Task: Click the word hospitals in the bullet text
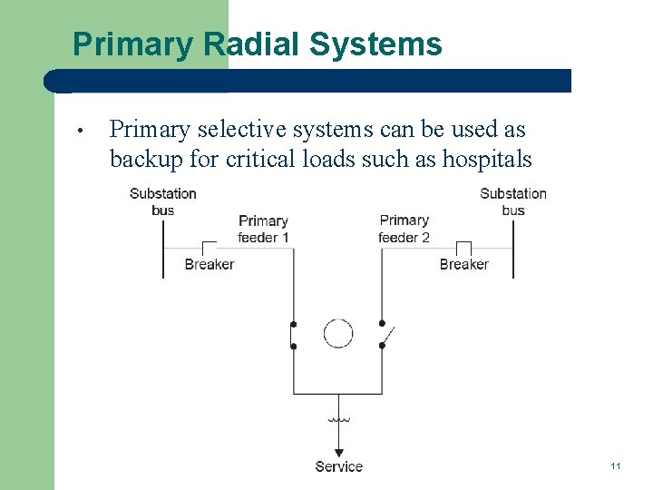[x=486, y=159]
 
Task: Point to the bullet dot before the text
[x=81, y=132]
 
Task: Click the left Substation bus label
[x=162, y=201]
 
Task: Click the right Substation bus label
[x=512, y=201]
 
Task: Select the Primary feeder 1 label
[x=263, y=229]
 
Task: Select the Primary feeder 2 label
[x=404, y=229]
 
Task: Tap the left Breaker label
[x=209, y=264]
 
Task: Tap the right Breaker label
[x=463, y=264]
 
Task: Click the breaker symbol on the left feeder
[x=209, y=248]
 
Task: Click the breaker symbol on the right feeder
[x=463, y=248]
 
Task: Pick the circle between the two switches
[x=338, y=334]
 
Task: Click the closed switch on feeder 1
[x=292, y=335]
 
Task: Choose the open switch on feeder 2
[x=384, y=335]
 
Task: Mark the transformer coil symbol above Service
[x=338, y=420]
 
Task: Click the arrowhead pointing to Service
[x=338, y=452]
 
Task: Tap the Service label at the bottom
[x=338, y=466]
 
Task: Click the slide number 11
[x=615, y=466]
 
